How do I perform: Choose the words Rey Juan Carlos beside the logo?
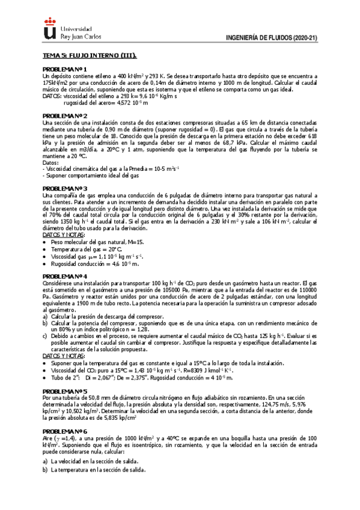tap(81, 35)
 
